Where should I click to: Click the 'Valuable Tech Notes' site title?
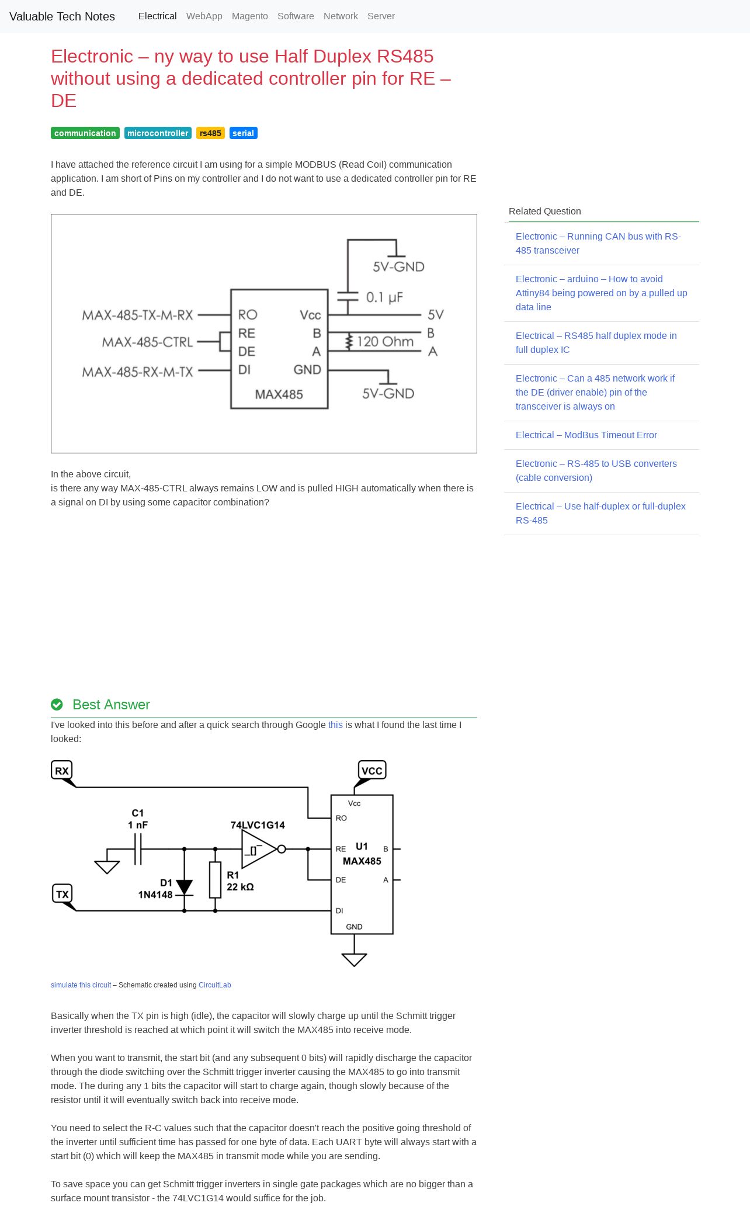62,16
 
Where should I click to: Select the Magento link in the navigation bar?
250,16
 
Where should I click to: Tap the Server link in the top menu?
381,16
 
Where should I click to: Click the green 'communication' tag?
85,133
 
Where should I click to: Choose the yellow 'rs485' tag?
210,133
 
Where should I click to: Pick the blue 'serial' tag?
244,133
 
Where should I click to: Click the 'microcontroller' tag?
158,133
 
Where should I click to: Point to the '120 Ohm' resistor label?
385,341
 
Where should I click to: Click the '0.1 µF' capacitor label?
384,297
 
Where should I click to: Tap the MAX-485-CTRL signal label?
147,342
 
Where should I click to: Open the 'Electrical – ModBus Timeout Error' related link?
586,435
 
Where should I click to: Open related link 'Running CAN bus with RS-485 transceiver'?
598,244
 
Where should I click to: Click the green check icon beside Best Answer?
57,705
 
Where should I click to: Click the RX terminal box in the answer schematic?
61,770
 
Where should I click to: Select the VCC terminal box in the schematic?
372,770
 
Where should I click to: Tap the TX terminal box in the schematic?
62,894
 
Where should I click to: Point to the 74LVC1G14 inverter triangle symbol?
259,849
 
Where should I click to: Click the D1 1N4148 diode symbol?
184,888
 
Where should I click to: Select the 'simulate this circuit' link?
81,985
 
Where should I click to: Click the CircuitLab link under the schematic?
215,985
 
